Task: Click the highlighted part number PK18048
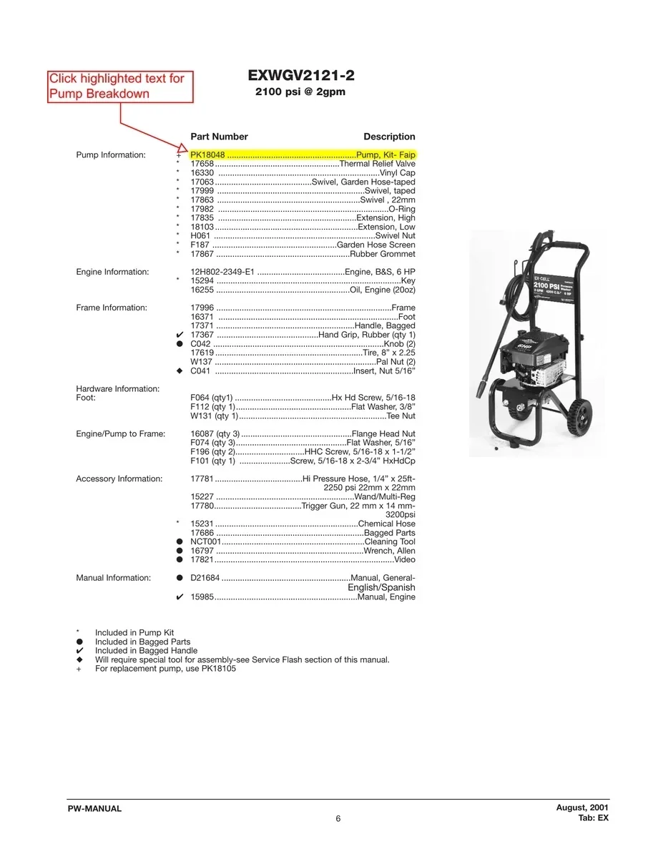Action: coord(207,154)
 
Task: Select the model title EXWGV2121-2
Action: coord(301,75)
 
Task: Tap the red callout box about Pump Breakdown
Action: coord(120,87)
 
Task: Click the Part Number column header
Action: coord(219,137)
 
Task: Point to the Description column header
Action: coord(389,137)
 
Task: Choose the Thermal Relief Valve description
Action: coord(378,164)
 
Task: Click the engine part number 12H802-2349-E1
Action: coord(222,272)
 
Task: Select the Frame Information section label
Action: coord(112,308)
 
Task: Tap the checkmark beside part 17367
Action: coord(180,335)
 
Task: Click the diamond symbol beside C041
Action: coord(180,370)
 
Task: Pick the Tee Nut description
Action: coord(401,416)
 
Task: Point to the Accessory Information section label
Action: coord(119,478)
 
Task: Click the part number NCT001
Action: coord(206,541)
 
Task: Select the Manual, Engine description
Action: coord(386,597)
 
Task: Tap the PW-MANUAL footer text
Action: coord(95,808)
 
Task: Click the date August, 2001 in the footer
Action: coord(582,807)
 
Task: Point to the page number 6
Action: coord(338,819)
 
